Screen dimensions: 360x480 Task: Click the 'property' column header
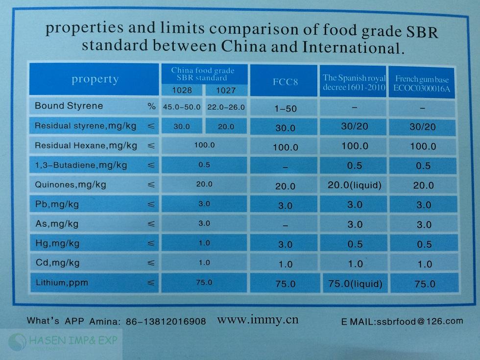click(95, 79)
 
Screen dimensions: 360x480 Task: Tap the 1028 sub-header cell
click(182, 90)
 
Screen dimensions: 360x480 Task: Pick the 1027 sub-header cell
click(225, 90)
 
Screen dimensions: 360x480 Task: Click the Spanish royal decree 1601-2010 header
click(354, 82)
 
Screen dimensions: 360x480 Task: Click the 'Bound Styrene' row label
click(69, 106)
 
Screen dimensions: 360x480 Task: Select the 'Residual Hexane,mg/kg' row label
click(86, 145)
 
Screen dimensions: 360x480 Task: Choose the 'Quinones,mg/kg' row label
click(71, 185)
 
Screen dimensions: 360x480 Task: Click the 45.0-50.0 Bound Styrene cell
click(182, 107)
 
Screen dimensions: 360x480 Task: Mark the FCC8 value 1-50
click(285, 108)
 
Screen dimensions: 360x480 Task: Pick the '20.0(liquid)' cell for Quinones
click(354, 185)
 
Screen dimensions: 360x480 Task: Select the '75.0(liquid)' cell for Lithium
click(355, 284)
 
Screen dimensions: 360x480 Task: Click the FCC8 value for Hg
click(285, 244)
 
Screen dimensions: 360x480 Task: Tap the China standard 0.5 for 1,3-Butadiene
click(204, 165)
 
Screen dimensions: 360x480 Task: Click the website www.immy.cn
click(257, 320)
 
